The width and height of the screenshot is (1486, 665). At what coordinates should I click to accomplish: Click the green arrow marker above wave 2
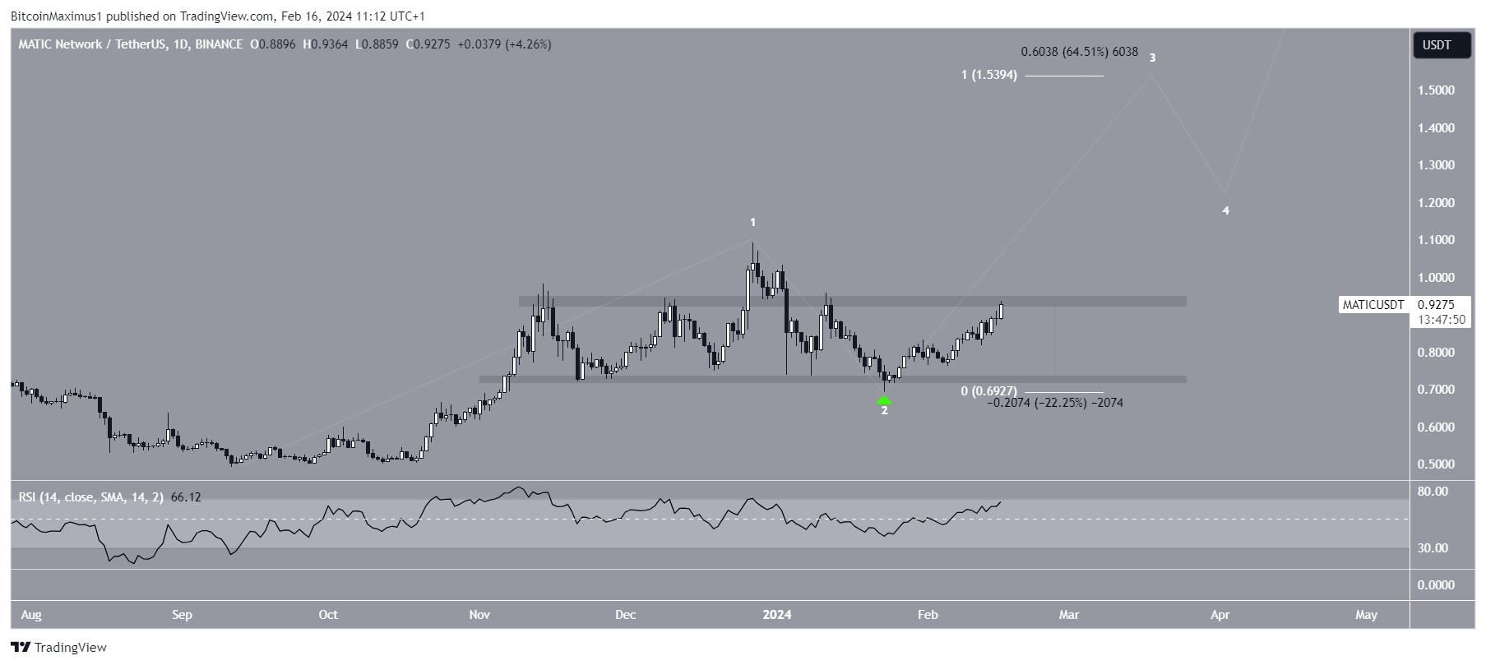point(884,399)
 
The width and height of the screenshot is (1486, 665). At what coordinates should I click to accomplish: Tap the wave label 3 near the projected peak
point(1152,58)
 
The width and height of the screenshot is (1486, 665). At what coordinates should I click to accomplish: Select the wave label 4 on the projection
point(1225,211)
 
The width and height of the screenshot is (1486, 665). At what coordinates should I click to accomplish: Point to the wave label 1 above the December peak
point(752,223)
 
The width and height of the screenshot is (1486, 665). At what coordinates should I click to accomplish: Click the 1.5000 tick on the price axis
point(1436,90)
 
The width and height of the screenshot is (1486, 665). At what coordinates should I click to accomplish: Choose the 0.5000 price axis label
point(1436,464)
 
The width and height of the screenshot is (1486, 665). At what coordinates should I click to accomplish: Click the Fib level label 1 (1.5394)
point(989,76)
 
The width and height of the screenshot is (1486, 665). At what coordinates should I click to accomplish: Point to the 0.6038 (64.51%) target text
point(1079,53)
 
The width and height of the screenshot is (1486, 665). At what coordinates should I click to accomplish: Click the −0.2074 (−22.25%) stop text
point(1054,403)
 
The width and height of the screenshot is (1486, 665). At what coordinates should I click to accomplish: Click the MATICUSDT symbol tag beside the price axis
point(1373,305)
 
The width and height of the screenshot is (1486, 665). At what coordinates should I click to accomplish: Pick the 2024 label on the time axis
point(777,615)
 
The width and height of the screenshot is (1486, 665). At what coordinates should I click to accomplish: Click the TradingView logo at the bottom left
point(59,648)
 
